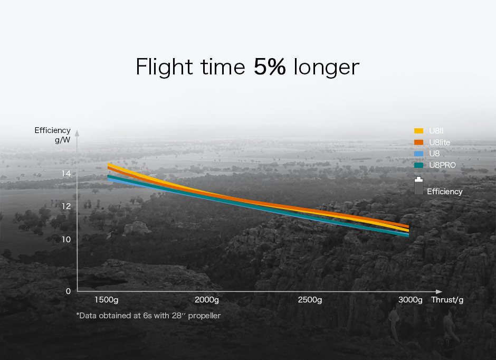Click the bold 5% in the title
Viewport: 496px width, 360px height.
click(270, 67)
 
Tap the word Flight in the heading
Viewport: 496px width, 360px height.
click(164, 67)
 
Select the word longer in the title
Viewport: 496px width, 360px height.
click(327, 68)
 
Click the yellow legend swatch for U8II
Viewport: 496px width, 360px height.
click(418, 131)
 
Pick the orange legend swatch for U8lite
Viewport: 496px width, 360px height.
click(418, 143)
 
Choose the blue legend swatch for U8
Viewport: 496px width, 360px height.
click(418, 154)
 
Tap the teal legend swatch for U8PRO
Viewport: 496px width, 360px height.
click(418, 165)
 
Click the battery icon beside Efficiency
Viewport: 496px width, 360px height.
click(418, 185)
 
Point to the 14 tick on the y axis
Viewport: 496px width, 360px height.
click(66, 173)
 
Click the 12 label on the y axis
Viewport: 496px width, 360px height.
click(66, 206)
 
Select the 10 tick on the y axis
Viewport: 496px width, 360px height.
click(66, 240)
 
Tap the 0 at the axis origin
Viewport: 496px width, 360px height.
click(68, 291)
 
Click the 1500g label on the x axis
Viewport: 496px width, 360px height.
click(107, 300)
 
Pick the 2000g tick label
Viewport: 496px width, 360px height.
click(206, 300)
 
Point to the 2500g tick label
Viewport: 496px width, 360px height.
click(310, 300)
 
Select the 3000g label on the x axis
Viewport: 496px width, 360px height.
click(411, 300)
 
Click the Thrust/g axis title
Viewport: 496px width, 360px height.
click(447, 300)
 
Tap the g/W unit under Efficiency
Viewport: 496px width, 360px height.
click(63, 140)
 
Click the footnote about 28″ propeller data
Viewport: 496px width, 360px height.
click(148, 316)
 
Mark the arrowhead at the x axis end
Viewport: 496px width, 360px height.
click(438, 291)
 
